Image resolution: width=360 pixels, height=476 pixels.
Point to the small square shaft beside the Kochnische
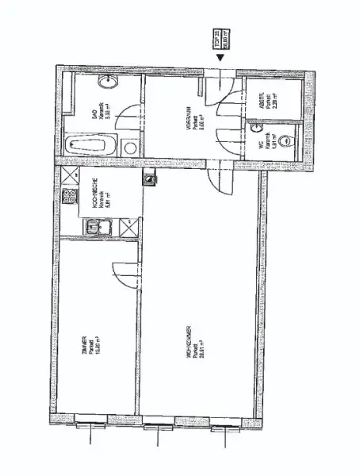[147, 178]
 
